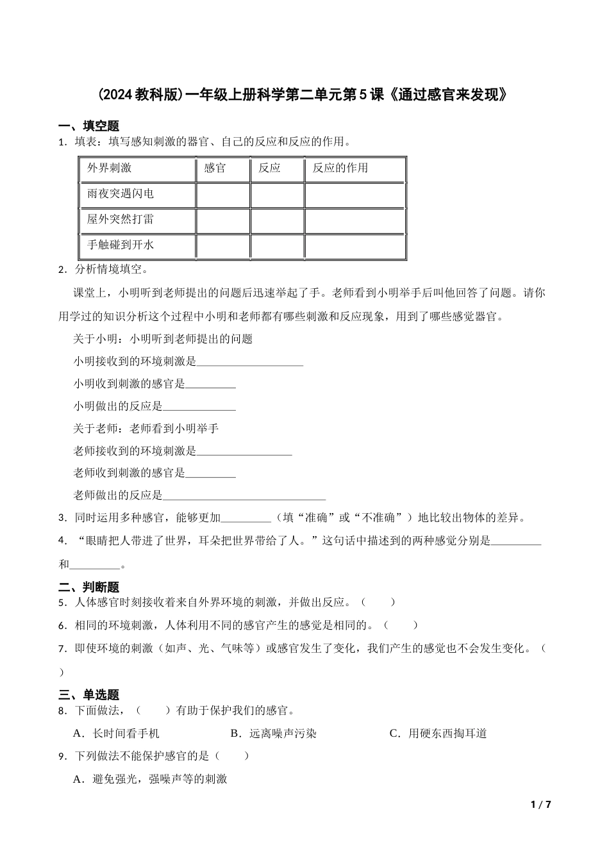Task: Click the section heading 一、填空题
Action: [x=88, y=126]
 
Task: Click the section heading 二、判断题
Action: [x=88, y=587]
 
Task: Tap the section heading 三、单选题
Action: [x=88, y=694]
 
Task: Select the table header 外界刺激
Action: [x=110, y=168]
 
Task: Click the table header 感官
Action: [x=215, y=168]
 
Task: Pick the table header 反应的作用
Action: [x=340, y=168]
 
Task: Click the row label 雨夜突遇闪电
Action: [x=121, y=193]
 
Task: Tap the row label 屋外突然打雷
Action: [x=121, y=219]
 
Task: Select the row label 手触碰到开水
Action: [x=121, y=245]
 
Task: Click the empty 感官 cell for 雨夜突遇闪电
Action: [x=222, y=195]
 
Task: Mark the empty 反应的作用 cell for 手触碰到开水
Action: [x=355, y=246]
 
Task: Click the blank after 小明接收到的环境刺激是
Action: [x=250, y=362]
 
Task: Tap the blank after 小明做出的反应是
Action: [x=199, y=407]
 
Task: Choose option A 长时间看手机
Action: [x=117, y=734]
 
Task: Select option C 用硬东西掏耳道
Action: [x=438, y=734]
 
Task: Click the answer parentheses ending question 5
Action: [x=378, y=602]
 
